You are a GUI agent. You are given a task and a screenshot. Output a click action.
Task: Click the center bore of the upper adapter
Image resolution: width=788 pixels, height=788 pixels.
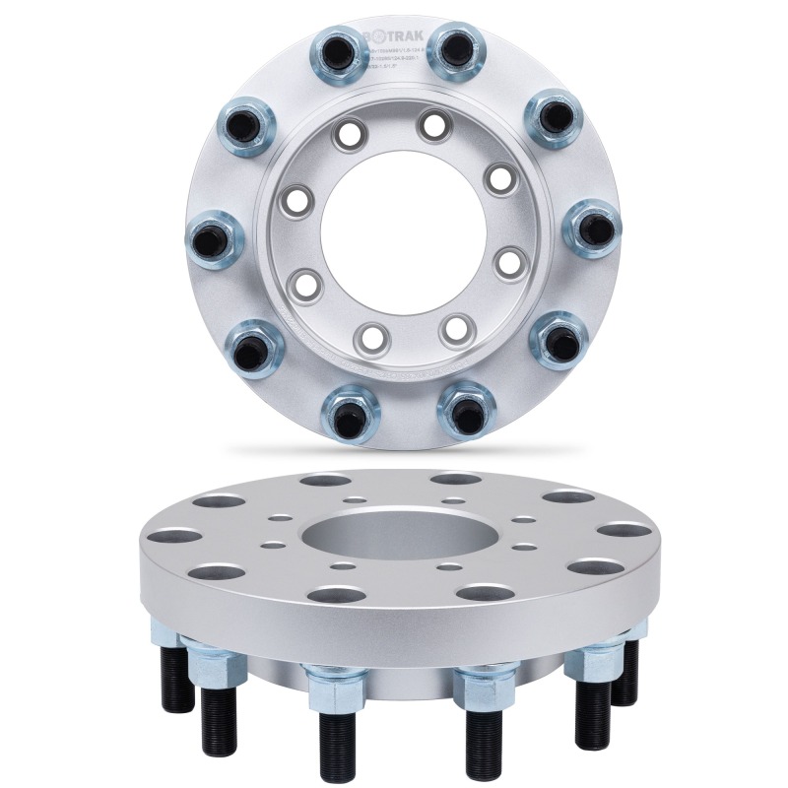(x=393, y=232)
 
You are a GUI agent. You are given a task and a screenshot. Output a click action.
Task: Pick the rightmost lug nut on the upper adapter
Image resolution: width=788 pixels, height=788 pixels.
(x=592, y=228)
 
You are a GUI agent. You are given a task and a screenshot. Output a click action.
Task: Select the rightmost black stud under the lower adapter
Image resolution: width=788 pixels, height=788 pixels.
(x=623, y=675)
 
